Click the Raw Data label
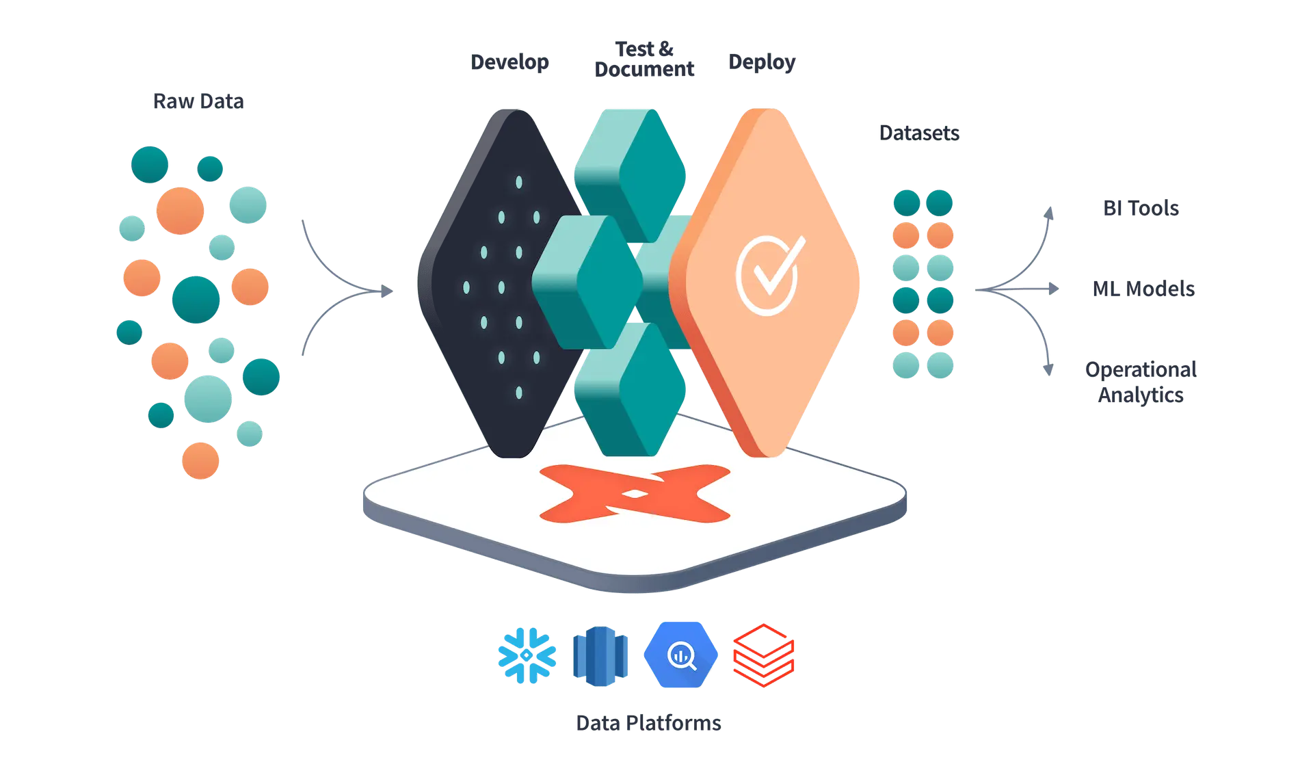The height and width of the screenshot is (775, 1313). tap(198, 102)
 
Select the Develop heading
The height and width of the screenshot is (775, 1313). tap(510, 62)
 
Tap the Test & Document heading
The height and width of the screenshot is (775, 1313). tap(644, 59)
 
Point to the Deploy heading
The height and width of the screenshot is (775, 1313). tap(762, 62)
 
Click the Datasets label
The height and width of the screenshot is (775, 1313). tap(919, 133)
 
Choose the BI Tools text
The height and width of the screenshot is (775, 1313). tap(1141, 208)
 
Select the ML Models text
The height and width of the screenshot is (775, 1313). tap(1143, 289)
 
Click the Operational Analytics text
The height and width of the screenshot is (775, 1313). tap(1141, 382)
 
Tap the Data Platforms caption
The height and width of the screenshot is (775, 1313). tap(648, 723)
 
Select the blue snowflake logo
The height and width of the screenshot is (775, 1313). tap(527, 655)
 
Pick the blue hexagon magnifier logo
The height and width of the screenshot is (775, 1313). tap(680, 655)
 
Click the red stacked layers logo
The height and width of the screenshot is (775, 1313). tap(763, 655)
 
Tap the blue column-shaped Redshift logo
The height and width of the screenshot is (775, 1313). tap(600, 655)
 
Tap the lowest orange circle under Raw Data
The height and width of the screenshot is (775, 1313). tap(200, 460)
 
